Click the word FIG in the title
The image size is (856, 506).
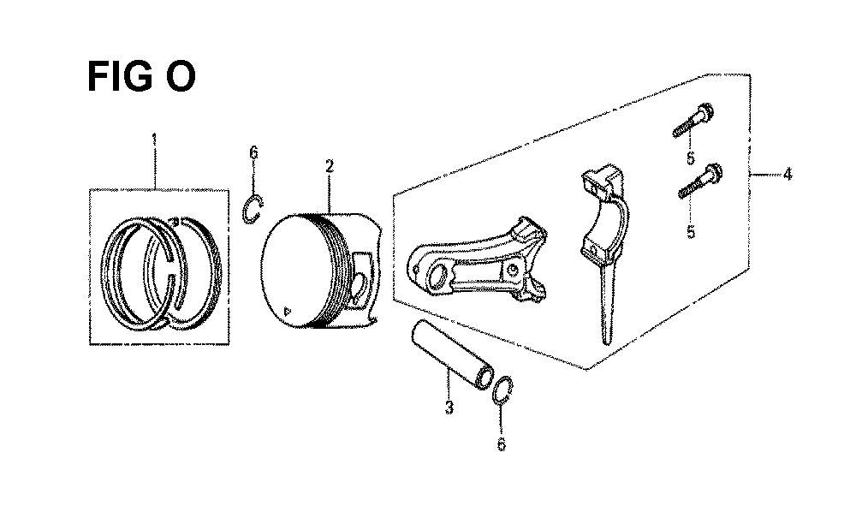coord(120,77)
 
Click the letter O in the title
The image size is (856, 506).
coord(179,77)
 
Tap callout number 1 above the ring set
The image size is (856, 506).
coord(154,140)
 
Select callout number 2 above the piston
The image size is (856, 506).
coord(330,166)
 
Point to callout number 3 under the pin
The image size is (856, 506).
coord(449,408)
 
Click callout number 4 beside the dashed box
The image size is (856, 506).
coord(787,175)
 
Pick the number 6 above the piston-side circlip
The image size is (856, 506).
coord(253,152)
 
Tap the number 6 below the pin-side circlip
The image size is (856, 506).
coord(501,444)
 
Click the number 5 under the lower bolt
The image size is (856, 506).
coord(691,232)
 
